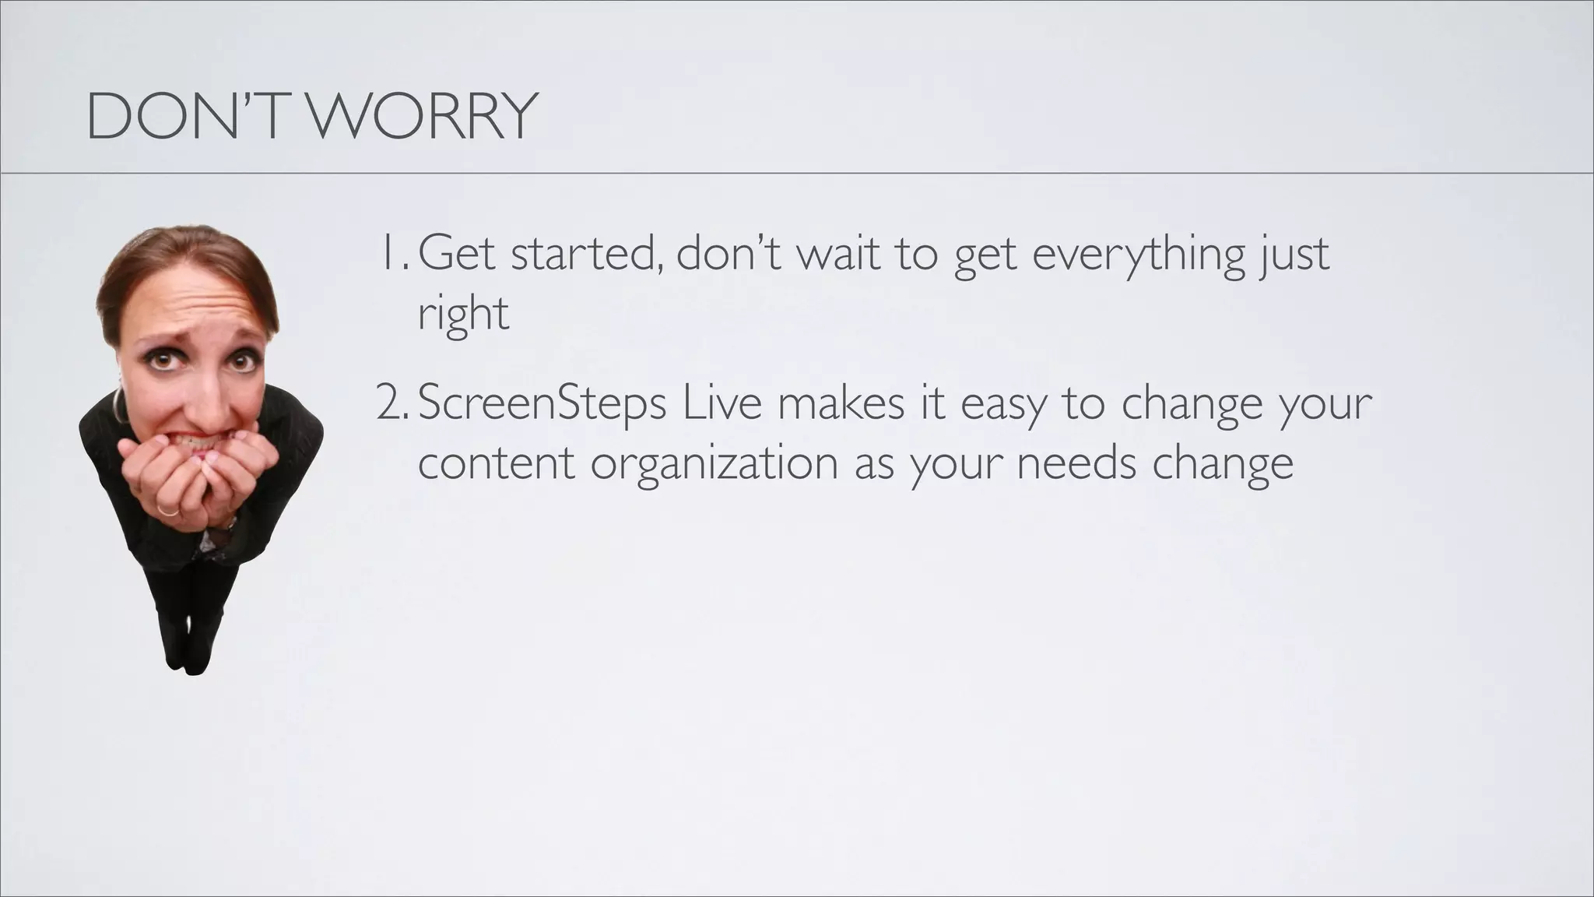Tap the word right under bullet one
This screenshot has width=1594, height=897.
click(x=463, y=315)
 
